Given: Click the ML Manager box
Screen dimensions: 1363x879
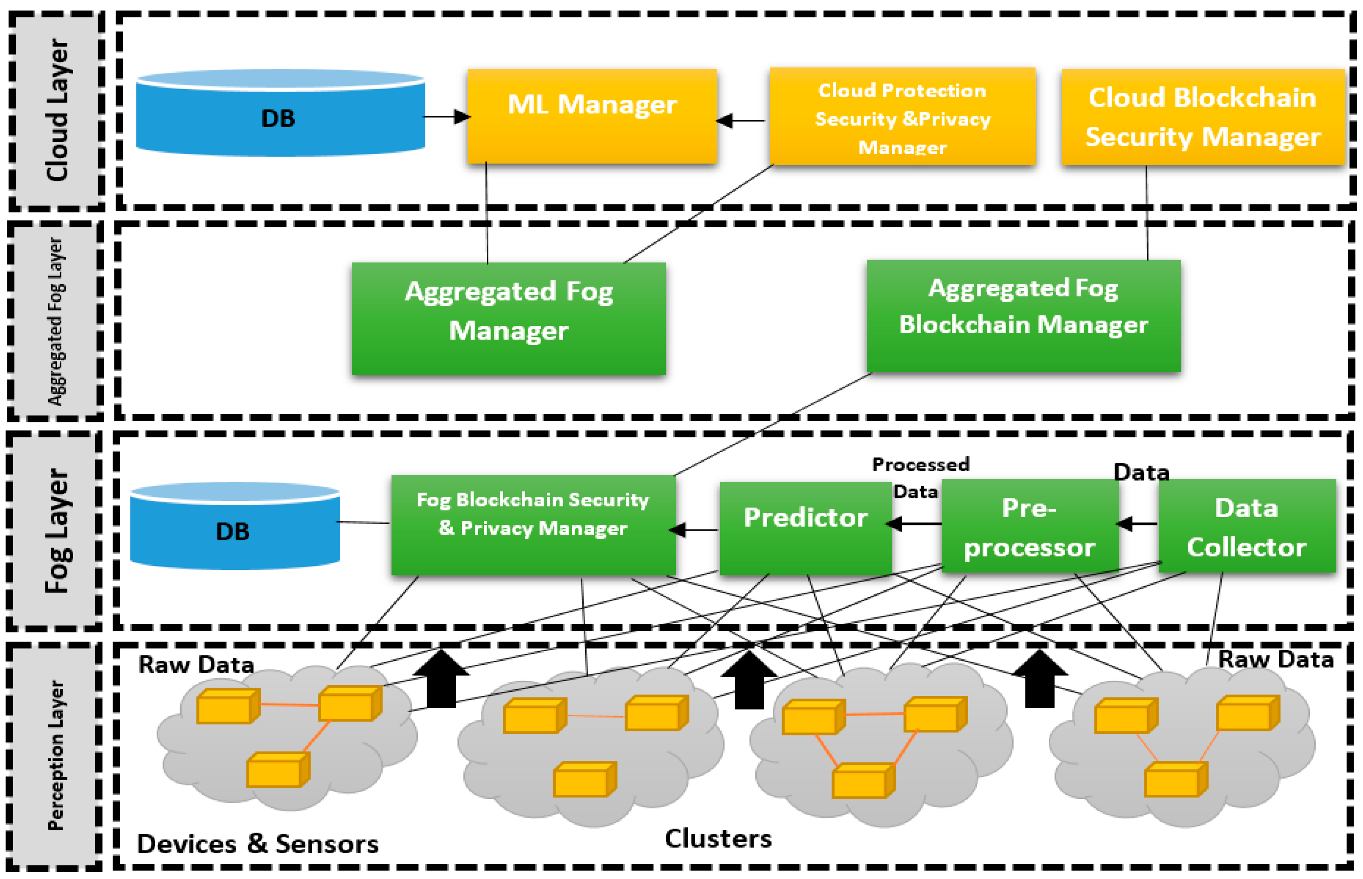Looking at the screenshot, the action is click(x=592, y=117).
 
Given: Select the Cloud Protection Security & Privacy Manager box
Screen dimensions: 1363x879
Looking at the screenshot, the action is click(x=902, y=117).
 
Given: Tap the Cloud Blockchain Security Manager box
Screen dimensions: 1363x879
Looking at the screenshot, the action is click(x=1203, y=117).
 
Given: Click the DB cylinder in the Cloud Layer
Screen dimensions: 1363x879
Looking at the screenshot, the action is click(x=280, y=113).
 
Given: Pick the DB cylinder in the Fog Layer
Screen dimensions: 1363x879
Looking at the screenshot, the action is click(x=235, y=526).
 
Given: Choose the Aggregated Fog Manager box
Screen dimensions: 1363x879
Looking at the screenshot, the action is click(x=508, y=318).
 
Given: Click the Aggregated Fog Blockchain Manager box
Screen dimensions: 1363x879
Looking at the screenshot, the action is click(x=1023, y=316).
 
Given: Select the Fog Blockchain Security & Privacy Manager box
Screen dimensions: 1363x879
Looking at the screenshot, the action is click(x=533, y=525).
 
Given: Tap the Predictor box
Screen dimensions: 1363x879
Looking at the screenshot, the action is click(x=805, y=528).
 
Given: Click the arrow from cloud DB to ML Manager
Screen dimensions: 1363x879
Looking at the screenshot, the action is click(x=447, y=117).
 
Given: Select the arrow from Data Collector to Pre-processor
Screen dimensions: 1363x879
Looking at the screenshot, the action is click(x=1137, y=523).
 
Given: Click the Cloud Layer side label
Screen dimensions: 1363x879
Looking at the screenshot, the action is click(x=58, y=110).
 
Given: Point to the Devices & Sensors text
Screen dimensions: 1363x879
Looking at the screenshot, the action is click(x=257, y=843).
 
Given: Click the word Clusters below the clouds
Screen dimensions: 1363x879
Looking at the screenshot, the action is click(x=718, y=839).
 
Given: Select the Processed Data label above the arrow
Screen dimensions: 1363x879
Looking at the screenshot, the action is click(x=920, y=478).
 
